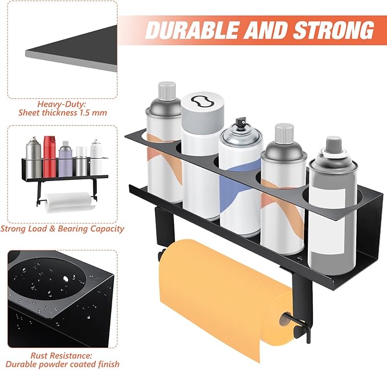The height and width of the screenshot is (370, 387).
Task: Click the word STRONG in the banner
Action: click(334, 30)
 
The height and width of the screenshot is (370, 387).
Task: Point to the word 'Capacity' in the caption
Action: click(107, 229)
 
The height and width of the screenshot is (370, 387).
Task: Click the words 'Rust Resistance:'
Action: click(61, 356)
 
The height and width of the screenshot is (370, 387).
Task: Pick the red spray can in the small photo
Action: click(50, 156)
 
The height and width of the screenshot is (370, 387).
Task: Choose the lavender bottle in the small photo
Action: click(66, 159)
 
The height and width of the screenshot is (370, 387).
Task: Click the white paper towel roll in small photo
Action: click(68, 202)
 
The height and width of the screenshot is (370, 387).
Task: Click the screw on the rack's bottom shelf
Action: click(300, 259)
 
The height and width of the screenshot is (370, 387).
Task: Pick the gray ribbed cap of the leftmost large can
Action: click(167, 91)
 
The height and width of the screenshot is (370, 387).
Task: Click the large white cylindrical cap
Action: click(202, 112)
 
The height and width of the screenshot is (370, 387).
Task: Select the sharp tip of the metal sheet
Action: click(26, 51)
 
